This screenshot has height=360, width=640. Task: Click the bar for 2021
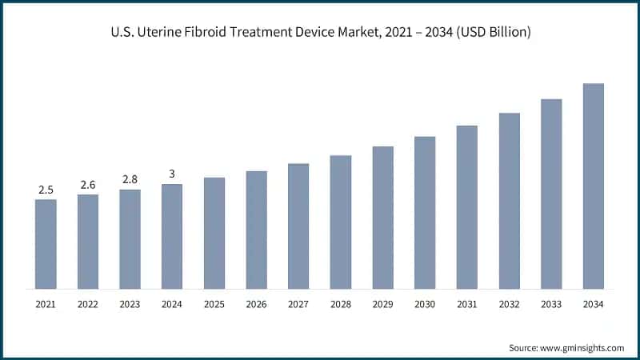(x=46, y=244)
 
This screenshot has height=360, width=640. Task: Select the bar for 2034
(x=593, y=186)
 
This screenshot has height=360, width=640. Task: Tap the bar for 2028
(x=341, y=222)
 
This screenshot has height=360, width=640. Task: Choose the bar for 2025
(x=214, y=233)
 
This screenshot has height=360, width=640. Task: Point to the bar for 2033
(x=551, y=194)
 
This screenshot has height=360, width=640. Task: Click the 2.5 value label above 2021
(x=46, y=190)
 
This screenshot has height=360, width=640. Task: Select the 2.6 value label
(x=88, y=185)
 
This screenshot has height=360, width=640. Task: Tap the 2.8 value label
(x=130, y=180)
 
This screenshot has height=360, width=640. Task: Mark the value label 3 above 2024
(x=172, y=174)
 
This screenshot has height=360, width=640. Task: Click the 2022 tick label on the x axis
(x=88, y=304)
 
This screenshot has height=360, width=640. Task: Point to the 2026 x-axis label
(x=256, y=304)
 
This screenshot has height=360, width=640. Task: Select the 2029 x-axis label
(x=382, y=304)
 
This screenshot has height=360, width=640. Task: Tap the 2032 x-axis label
(x=509, y=304)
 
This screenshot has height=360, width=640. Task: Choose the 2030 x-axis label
(x=425, y=304)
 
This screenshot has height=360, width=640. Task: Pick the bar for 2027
(x=298, y=226)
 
